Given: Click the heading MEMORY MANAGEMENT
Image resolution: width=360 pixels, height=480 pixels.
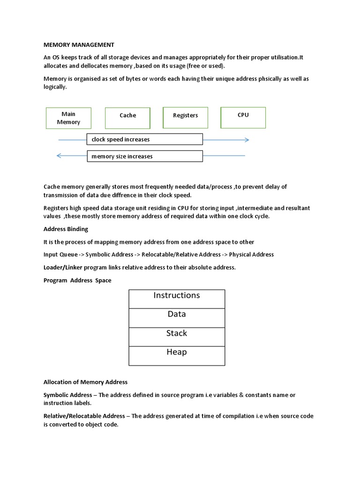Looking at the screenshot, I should (x=79, y=45).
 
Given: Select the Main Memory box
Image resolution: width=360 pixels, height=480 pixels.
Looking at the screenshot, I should (x=68, y=118).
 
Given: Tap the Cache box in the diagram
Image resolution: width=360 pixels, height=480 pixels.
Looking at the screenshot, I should (x=127, y=118).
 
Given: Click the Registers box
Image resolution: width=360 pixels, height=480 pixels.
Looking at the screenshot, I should (x=186, y=117).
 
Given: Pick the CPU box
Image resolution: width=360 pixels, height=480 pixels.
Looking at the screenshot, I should (x=243, y=117).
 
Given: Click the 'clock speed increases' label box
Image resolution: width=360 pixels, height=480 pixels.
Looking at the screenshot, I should (x=144, y=139).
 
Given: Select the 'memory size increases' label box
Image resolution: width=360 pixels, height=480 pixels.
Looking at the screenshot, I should (x=144, y=156).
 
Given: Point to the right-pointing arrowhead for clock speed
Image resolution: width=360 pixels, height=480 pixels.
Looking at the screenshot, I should (x=247, y=140).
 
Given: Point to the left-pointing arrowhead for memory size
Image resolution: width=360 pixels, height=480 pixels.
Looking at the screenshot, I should (x=59, y=156).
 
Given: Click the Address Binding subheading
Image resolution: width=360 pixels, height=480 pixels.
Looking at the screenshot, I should (x=66, y=229).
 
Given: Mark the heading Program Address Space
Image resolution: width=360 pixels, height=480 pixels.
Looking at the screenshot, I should (x=77, y=280).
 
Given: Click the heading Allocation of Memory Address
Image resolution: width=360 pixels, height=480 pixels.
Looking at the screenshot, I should (x=85, y=382).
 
